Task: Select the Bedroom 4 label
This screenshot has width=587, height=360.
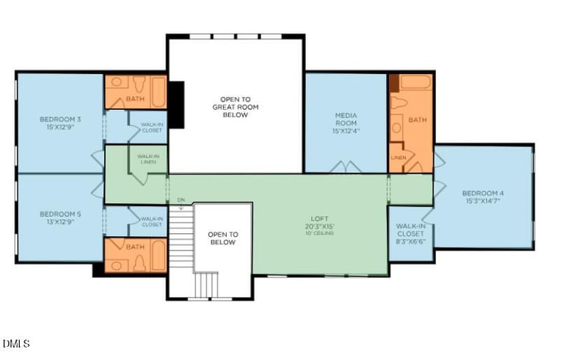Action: [483, 194]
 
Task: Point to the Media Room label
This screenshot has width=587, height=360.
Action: [346, 115]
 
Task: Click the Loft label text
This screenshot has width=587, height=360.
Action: [318, 218]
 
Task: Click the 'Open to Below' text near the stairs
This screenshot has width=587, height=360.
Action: [222, 238]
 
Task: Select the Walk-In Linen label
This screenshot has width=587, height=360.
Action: [147, 158]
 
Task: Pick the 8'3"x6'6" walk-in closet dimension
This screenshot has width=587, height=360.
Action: [410, 240]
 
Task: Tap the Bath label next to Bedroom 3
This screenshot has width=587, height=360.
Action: [135, 99]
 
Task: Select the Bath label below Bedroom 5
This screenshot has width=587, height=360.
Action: [135, 247]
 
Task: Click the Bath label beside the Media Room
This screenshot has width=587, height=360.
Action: [417, 120]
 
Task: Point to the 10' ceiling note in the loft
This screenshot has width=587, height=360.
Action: [319, 233]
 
